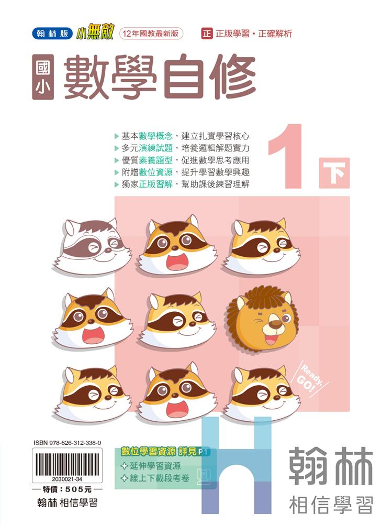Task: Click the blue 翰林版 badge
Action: tap(52, 34)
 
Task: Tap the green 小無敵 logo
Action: tap(95, 32)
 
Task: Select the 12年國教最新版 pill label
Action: tap(151, 34)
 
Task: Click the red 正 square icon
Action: tap(207, 34)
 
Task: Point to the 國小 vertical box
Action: tap(43, 77)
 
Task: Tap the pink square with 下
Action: tap(334, 173)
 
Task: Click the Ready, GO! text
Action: tap(311, 378)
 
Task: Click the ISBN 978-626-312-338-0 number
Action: tap(68, 443)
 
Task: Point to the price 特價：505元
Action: tap(67, 489)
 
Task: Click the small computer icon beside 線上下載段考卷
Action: tap(203, 476)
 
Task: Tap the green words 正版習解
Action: tap(156, 184)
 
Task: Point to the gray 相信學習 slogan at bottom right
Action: tap(331, 505)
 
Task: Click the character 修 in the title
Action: tap(232, 77)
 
